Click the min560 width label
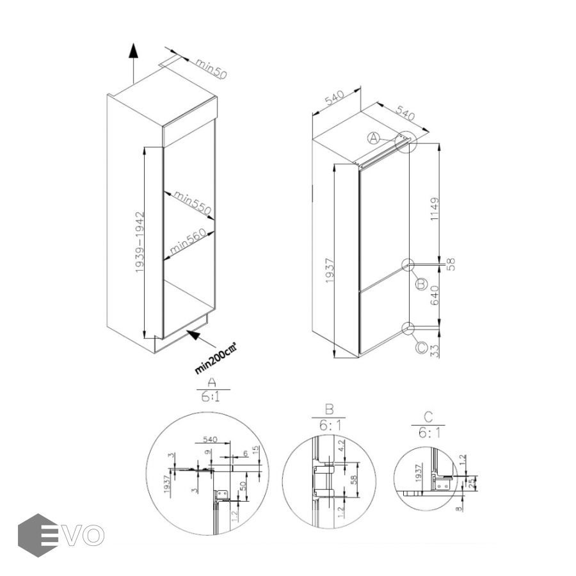(187, 242)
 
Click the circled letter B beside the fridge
(420, 284)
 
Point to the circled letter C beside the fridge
(420, 348)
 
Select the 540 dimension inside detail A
(211, 440)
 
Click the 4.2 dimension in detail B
(342, 445)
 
